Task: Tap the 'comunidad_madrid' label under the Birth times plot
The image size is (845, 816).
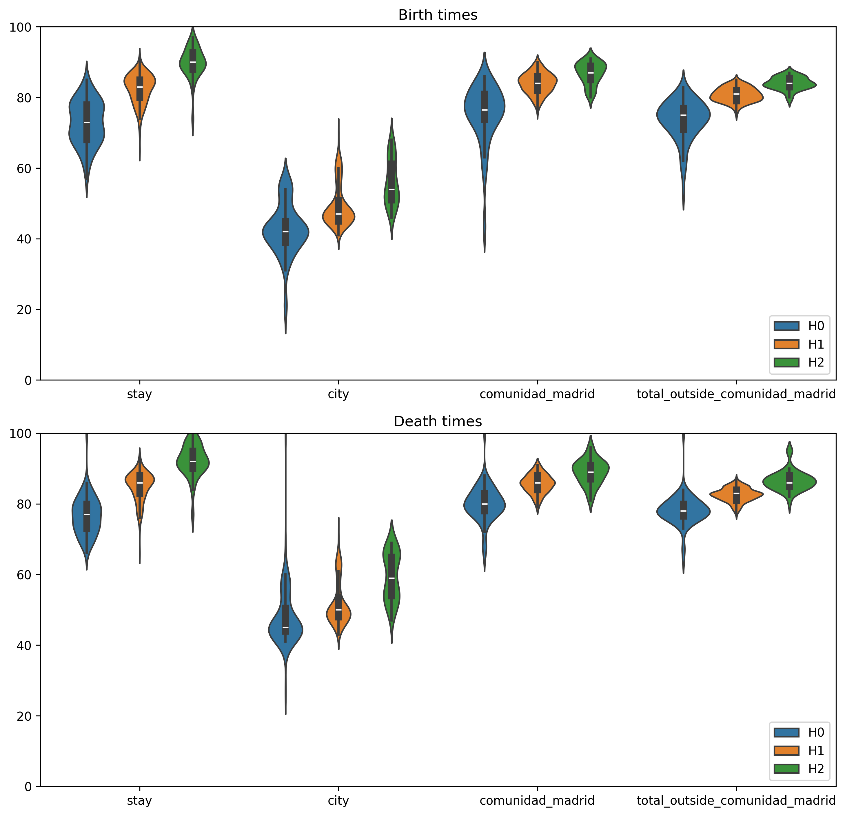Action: (537, 394)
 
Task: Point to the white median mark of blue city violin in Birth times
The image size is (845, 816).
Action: (285, 232)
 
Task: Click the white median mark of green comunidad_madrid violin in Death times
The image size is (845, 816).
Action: (590, 472)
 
